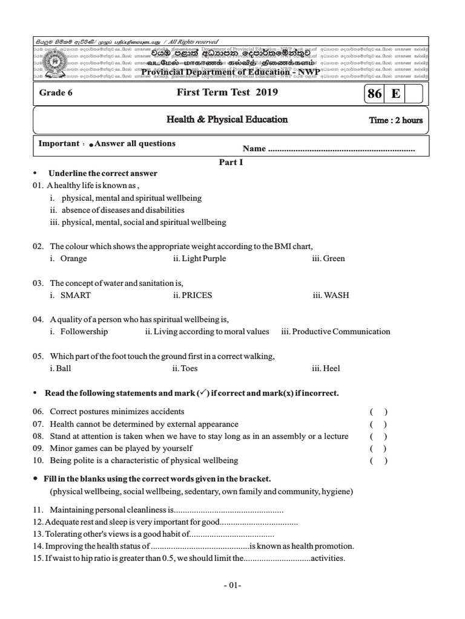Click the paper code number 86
tap(374, 94)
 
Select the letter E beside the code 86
tap(395, 94)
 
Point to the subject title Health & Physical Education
tap(227, 120)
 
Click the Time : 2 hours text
tap(395, 120)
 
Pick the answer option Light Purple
tap(199, 259)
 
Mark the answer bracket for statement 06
tap(378, 412)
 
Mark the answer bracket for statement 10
tap(378, 461)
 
